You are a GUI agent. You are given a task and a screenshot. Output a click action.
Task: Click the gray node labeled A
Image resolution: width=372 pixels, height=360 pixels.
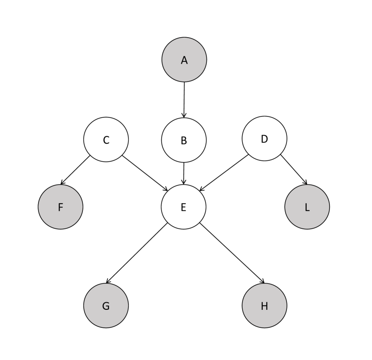click(184, 60)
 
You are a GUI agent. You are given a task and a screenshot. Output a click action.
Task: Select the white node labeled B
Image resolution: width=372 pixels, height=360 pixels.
click(184, 140)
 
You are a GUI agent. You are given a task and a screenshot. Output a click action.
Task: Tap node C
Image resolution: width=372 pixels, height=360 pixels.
click(106, 140)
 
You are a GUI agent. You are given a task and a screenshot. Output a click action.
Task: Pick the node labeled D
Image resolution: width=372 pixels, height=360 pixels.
click(264, 138)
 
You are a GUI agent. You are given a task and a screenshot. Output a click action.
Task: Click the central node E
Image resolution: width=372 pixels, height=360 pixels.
click(184, 207)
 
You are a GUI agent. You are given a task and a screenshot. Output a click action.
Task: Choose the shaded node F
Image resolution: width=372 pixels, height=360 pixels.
click(60, 207)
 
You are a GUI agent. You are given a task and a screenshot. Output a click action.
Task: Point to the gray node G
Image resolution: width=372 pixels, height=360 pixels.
click(106, 305)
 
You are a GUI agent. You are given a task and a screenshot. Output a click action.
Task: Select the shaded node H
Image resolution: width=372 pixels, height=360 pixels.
click(264, 305)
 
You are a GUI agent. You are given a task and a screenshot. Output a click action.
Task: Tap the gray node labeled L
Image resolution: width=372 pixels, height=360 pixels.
click(307, 207)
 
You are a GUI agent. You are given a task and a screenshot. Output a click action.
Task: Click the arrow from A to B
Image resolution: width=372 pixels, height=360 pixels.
click(184, 100)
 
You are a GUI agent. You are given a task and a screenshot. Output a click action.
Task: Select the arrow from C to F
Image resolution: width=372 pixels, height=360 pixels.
click(75, 170)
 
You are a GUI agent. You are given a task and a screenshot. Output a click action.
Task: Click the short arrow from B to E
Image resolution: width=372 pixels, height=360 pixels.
click(184, 173)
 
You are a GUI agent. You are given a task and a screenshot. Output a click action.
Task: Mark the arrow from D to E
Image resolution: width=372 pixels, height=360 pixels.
click(224, 173)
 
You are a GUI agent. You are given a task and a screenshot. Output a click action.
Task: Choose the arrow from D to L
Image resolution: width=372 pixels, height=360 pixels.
click(294, 169)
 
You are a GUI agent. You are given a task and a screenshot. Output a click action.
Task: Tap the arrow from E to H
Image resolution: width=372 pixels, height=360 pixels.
click(232, 253)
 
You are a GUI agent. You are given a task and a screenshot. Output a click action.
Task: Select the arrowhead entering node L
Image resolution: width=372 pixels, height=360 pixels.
click(305, 183)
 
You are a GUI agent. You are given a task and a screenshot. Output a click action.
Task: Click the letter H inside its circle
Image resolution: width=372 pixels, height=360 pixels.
click(264, 306)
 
